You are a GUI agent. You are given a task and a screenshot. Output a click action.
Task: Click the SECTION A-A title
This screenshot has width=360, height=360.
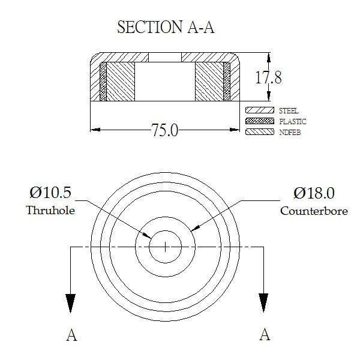click(166, 27)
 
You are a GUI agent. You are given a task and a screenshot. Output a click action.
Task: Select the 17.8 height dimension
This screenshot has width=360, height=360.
click(268, 77)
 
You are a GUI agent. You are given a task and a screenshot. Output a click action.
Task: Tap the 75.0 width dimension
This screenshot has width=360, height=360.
click(164, 130)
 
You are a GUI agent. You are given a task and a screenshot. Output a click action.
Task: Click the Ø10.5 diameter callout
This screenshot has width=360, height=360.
click(50, 193)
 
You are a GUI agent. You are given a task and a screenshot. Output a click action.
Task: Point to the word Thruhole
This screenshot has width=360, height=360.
click(50, 210)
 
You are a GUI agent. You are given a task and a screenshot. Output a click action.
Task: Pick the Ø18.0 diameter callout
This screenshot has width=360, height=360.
click(314, 193)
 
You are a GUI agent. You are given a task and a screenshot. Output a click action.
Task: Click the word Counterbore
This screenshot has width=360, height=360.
click(314, 211)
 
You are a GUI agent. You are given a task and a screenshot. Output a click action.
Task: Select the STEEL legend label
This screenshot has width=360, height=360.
click(289, 110)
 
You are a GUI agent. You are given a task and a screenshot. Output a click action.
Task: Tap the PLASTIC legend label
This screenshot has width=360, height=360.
click(293, 121)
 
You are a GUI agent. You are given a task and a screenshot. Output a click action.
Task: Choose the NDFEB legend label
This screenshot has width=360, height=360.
click(290, 132)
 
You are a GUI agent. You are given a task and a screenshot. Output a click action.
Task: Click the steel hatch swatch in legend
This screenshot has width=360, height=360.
click(260, 110)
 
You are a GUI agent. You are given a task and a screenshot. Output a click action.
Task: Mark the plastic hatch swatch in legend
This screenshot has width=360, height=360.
click(260, 121)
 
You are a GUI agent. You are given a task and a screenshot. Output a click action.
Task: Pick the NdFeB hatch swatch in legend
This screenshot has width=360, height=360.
click(260, 132)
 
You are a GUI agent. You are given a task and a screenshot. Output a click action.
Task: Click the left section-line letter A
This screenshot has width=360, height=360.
click(71, 335)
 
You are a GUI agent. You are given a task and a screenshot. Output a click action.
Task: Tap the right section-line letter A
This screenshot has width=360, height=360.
click(265, 334)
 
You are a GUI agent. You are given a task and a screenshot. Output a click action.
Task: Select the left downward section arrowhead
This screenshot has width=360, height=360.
click(70, 303)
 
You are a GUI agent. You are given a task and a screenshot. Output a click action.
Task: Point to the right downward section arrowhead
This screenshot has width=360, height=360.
click(263, 303)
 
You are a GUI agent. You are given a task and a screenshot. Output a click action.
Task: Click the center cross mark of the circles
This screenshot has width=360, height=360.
click(166, 247)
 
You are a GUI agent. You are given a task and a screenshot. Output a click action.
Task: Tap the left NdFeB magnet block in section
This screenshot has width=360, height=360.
click(121, 82)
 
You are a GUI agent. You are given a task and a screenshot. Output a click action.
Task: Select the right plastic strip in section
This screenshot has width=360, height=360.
click(227, 82)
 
